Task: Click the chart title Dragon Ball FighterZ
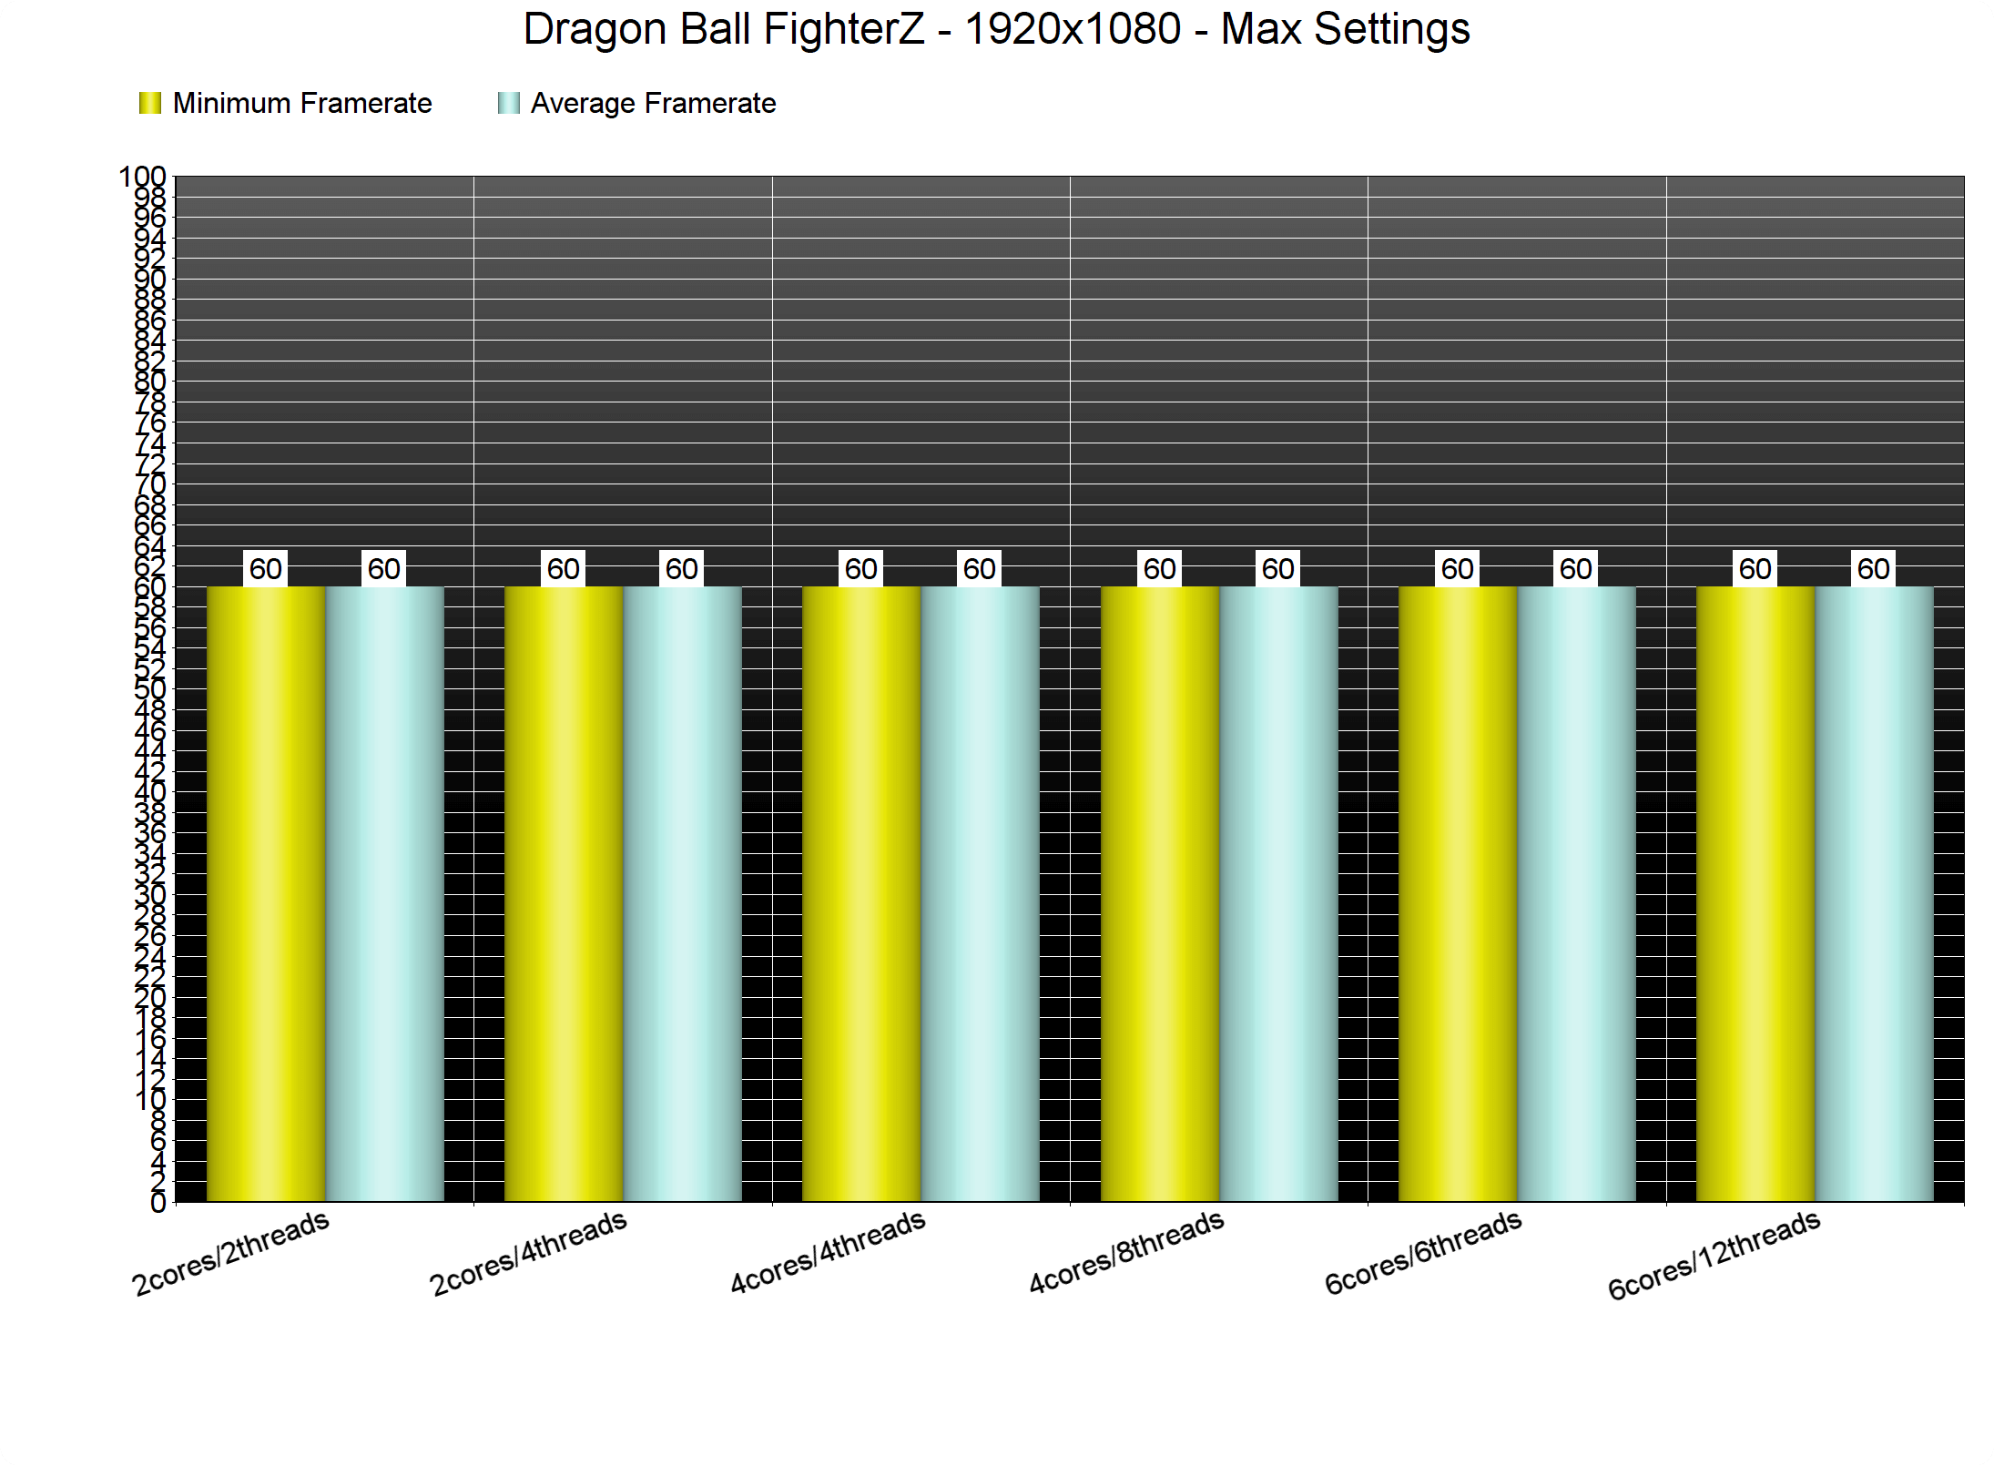(x=996, y=29)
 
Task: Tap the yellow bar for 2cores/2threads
(x=266, y=892)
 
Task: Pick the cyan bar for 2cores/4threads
(x=682, y=892)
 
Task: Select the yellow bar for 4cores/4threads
(x=861, y=892)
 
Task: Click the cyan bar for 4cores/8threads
(x=1278, y=892)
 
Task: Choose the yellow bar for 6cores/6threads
(x=1458, y=892)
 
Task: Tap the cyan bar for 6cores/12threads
(x=1874, y=892)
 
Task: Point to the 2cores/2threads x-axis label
(x=230, y=1253)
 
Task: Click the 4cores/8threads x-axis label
(x=1126, y=1252)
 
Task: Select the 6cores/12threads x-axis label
(x=1714, y=1255)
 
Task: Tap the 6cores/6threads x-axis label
(x=1423, y=1252)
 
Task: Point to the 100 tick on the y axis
(x=143, y=177)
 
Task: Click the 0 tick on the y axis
(x=158, y=1203)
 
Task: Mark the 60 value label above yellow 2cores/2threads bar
(x=266, y=569)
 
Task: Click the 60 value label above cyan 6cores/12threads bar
(x=1874, y=569)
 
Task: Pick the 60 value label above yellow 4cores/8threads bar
(x=1160, y=569)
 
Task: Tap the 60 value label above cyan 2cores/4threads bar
(x=682, y=569)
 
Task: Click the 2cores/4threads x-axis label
(x=528, y=1253)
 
